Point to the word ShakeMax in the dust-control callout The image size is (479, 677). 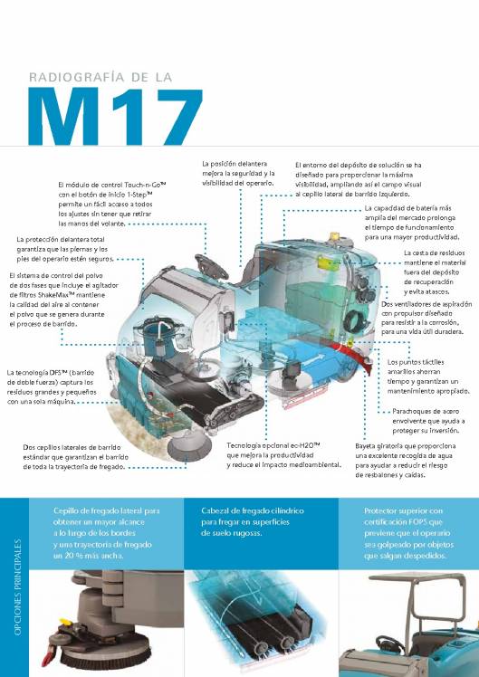coord(75,295)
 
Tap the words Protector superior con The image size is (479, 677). coord(405,511)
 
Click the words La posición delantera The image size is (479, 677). coord(234,163)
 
